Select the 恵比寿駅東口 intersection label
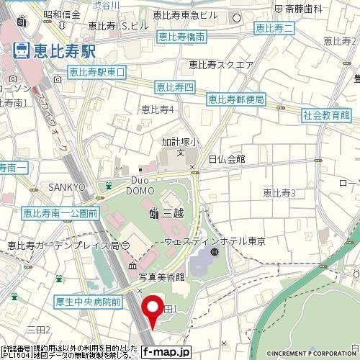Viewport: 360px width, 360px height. point(96,72)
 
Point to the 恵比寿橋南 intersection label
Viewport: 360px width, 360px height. point(181,36)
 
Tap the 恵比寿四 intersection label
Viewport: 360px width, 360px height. point(175,88)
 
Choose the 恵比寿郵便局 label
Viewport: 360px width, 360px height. point(235,99)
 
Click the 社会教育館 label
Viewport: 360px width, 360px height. point(325,114)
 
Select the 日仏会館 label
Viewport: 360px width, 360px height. point(227,158)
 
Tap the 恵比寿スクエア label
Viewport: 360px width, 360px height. point(221,65)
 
